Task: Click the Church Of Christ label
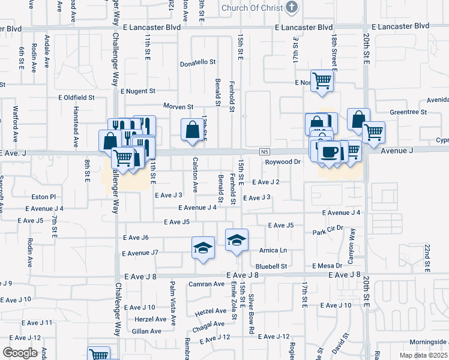point(251,8)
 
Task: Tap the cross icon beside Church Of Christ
point(292,8)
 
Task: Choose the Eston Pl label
point(43,196)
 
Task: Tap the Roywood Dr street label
point(283,162)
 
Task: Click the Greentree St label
point(408,112)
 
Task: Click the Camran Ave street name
point(206,284)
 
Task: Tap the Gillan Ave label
point(147,331)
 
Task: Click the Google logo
point(20,353)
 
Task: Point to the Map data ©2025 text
point(423,355)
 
